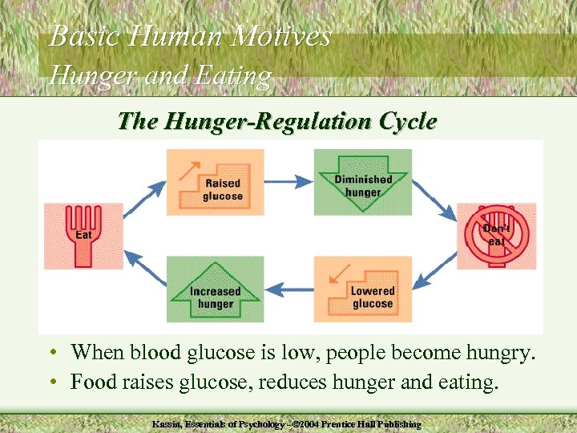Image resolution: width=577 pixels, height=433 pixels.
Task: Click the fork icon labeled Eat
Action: (84, 236)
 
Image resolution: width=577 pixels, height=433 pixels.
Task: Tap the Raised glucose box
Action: (215, 182)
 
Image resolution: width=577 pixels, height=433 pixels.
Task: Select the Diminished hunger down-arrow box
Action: (363, 182)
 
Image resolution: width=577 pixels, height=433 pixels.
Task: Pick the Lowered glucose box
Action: (363, 288)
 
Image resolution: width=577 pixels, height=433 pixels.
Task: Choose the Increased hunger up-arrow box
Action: (215, 289)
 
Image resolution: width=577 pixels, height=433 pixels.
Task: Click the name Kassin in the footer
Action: (169, 423)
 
